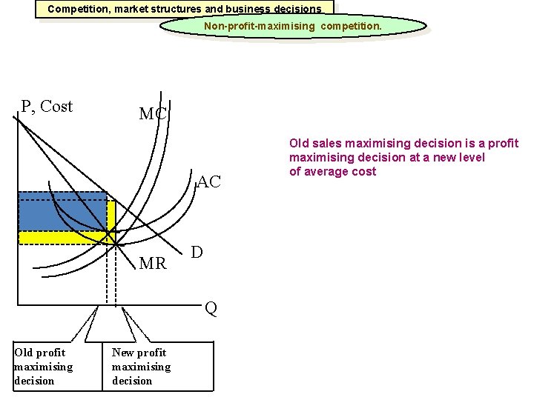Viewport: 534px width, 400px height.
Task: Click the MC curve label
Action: (153, 115)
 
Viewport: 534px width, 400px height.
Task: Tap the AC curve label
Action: (209, 182)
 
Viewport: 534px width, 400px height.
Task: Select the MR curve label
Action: (153, 263)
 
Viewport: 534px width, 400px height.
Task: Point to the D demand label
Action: (197, 253)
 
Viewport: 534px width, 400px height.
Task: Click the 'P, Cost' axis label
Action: (47, 107)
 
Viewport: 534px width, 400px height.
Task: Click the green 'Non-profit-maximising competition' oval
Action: (294, 26)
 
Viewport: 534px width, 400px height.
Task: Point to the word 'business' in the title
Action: (251, 10)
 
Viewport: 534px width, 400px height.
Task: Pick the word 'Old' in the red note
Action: (300, 143)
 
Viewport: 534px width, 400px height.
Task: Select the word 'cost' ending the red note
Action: (364, 172)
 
